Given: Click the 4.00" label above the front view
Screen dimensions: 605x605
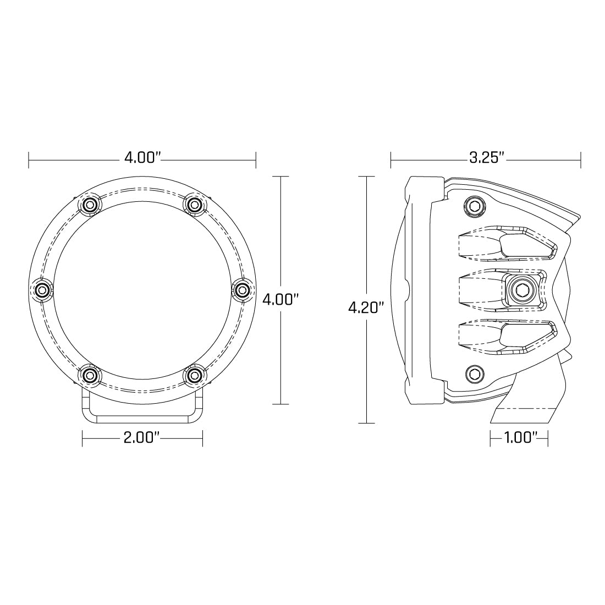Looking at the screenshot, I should pyautogui.click(x=142, y=159).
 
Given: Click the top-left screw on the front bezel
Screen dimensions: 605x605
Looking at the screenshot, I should pyautogui.click(x=90, y=205).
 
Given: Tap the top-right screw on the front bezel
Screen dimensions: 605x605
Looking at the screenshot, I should pyautogui.click(x=194, y=205).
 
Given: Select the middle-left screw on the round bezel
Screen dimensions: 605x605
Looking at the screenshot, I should pyautogui.click(x=42, y=289).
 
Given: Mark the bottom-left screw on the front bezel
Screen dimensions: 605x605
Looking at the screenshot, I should pyautogui.click(x=90, y=375).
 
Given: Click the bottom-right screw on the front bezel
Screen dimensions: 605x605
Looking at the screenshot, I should pyautogui.click(x=194, y=375).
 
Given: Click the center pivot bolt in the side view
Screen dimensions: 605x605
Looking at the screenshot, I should pyautogui.click(x=519, y=289).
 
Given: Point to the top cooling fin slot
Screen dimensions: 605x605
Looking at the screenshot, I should pyautogui.click(x=506, y=243).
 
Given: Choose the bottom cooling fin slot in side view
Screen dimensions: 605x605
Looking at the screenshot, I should pyautogui.click(x=506, y=337).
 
